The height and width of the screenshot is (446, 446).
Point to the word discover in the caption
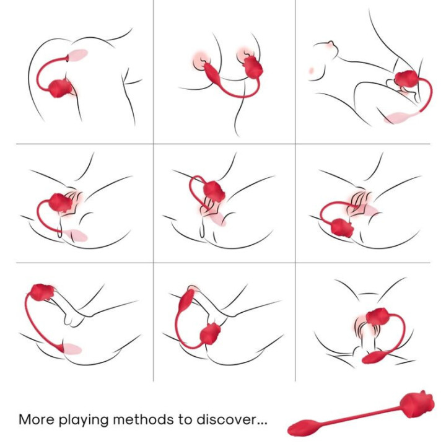point(232,419)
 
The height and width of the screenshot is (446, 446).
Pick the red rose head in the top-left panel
point(60,88)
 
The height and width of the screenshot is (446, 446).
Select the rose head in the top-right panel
point(407,80)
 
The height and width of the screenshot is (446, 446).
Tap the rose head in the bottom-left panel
point(42,292)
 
